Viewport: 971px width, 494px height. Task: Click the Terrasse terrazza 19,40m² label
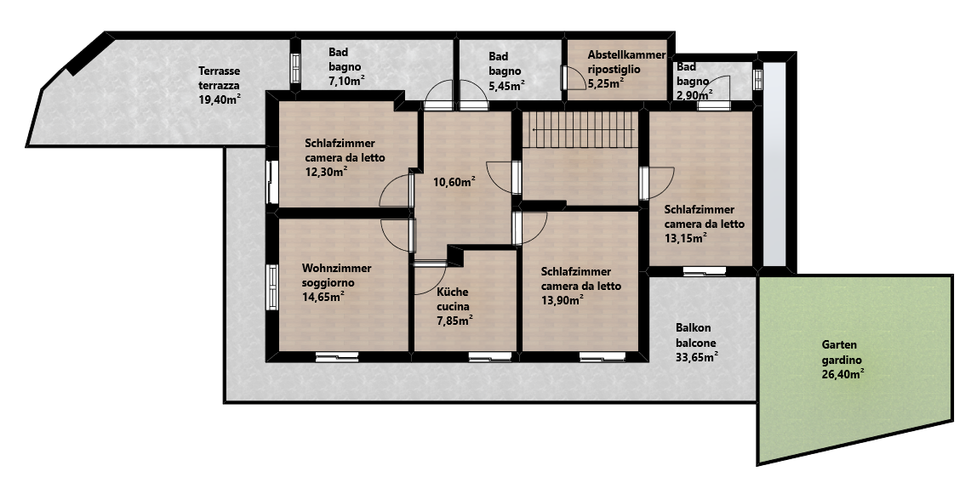[220, 85]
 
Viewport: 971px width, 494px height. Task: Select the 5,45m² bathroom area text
[506, 85]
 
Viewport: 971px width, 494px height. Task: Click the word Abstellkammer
[626, 54]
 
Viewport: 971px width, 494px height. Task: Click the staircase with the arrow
[580, 129]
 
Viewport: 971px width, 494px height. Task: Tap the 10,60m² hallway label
[454, 181]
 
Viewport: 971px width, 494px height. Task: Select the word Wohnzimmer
[337, 268]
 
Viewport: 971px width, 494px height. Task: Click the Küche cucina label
[453, 299]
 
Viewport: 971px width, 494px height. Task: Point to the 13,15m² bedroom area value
[686, 238]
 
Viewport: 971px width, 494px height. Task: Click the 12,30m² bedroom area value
[326, 172]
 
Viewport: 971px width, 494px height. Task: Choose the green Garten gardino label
[842, 359]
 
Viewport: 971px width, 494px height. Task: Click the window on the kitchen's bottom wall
[490, 356]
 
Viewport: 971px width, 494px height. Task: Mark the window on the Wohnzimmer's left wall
[271, 287]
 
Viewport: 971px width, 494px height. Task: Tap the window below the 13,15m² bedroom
[704, 271]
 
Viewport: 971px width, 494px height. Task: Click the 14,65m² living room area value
[323, 296]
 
